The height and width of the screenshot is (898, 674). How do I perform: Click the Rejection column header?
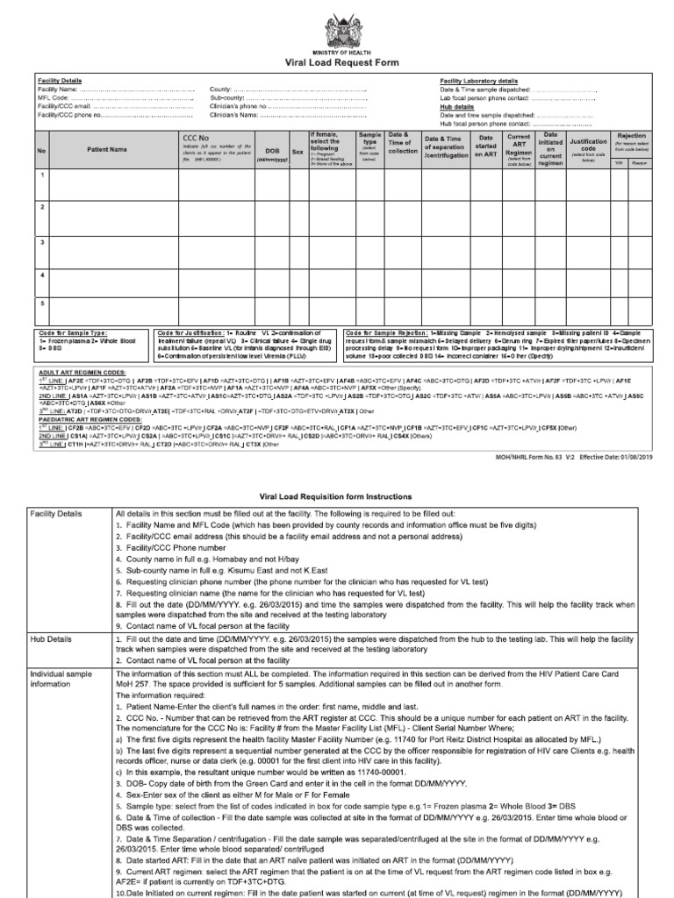[x=632, y=136]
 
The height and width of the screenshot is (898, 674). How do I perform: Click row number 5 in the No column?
[x=41, y=303]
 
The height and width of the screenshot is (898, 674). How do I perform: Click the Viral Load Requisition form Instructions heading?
[x=337, y=496]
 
